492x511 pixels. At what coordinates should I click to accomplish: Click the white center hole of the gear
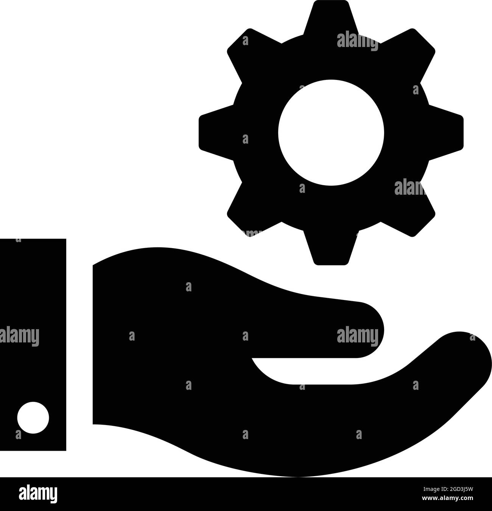(331, 132)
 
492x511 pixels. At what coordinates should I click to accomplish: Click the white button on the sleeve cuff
(33, 417)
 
